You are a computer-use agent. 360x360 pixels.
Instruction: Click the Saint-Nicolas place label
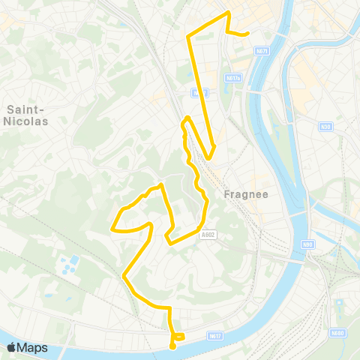(x=27, y=114)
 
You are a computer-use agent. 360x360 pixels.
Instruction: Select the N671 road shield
(x=262, y=51)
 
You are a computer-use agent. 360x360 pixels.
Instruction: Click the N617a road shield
(x=232, y=77)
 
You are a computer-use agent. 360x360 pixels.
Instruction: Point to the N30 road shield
(x=325, y=127)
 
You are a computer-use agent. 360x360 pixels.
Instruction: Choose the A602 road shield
(x=208, y=234)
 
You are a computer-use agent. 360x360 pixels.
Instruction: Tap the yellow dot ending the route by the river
(x=172, y=346)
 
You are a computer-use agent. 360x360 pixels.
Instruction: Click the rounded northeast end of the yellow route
(x=247, y=34)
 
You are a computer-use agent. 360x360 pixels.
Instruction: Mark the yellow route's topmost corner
(x=227, y=13)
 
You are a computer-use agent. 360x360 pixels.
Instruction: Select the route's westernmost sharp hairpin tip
(x=112, y=228)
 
